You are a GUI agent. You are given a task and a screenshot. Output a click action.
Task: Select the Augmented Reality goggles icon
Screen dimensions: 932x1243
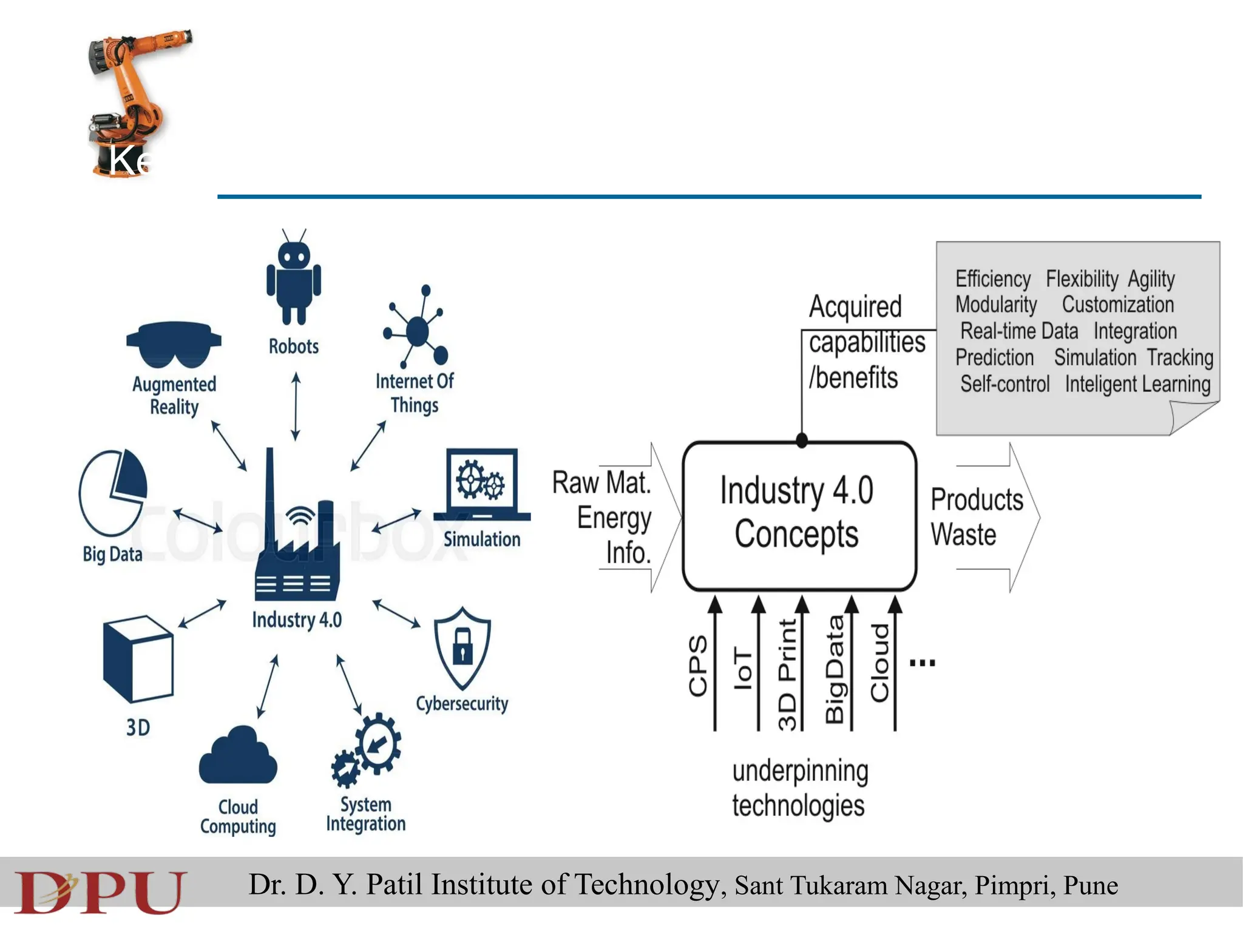(x=174, y=344)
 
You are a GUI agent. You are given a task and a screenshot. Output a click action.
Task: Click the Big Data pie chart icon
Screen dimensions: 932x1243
(x=113, y=492)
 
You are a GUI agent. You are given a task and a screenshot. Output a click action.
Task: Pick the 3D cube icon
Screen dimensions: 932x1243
(x=138, y=658)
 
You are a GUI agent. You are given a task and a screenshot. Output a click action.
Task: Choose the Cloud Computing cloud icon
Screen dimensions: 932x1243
(x=238, y=756)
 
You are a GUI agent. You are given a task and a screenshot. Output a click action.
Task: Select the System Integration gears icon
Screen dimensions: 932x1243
(x=366, y=751)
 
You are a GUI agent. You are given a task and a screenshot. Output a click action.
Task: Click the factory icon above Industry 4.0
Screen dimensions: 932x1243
(x=296, y=534)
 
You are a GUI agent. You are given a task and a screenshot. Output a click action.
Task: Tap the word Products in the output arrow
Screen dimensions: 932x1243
(x=977, y=500)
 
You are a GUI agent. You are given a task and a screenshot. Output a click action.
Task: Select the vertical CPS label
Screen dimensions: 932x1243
(x=698, y=666)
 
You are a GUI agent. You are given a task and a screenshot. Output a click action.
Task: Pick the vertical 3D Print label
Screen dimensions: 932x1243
(x=787, y=674)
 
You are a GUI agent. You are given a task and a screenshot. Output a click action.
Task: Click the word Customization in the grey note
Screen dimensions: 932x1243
(x=1117, y=305)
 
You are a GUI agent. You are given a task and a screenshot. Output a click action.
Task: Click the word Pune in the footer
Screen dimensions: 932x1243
(x=1090, y=885)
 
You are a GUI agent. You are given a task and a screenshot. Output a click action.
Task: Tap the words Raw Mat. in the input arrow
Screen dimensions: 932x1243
(x=601, y=483)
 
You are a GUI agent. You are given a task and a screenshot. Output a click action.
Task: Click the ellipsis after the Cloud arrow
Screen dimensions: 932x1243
(x=922, y=663)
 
